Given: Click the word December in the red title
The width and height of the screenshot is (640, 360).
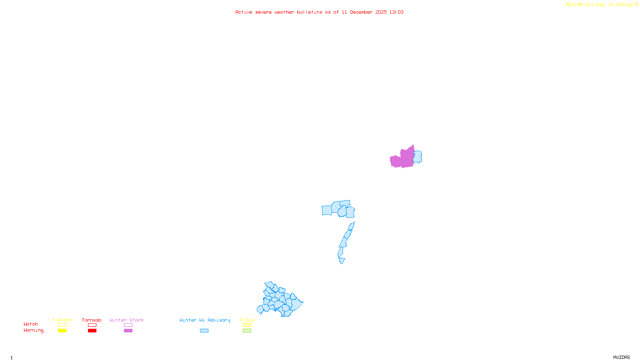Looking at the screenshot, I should pos(361,12).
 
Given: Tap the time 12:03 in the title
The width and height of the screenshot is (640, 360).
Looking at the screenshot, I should pos(396,12).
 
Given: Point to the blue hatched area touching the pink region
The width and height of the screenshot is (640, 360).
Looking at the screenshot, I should pos(418,156).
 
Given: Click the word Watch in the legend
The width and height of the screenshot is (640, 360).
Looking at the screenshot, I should pos(31,324).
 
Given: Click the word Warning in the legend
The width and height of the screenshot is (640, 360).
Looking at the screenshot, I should pos(33,330).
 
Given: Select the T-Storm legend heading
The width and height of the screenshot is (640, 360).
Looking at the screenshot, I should pos(62,320).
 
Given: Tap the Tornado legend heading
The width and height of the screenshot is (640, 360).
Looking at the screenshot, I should pos(92,320).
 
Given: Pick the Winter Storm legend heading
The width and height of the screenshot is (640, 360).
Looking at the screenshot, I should pos(126,320).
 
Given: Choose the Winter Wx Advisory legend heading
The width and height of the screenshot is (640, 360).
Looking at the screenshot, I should pos(205,320).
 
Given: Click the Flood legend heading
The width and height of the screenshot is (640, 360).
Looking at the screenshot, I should pos(247,320).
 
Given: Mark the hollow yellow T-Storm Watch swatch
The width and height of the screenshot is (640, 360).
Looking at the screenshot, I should pos(62,325).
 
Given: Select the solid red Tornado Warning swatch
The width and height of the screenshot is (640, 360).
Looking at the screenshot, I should pos(92,331).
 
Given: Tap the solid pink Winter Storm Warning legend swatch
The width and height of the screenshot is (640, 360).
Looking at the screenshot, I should pos(128,331).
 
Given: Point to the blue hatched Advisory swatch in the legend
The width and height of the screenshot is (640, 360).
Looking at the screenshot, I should pos(204,331).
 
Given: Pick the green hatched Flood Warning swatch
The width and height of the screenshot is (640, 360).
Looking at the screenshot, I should pos(247,331).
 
